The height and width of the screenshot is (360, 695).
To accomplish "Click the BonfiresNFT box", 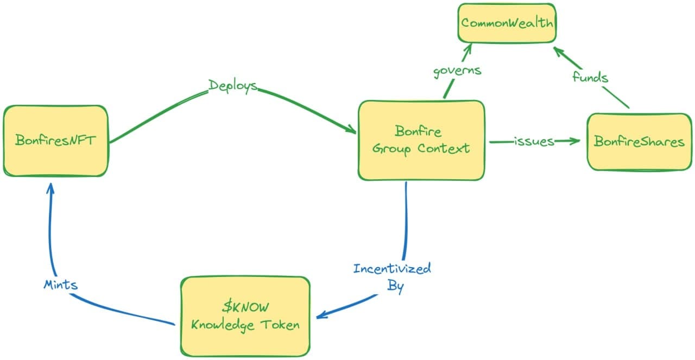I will point(55,141).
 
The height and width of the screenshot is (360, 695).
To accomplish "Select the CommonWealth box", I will point(506,23).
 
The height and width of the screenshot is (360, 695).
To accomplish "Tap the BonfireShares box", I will point(639,142).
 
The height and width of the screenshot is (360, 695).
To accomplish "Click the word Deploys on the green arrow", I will point(233,86).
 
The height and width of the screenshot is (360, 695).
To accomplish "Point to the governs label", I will point(457,72).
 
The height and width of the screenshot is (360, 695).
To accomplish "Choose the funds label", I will point(590,77).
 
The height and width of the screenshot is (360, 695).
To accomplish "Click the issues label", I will point(534,142).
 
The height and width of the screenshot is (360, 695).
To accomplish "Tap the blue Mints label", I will point(60,285).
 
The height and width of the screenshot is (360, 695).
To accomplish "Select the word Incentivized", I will point(392,268).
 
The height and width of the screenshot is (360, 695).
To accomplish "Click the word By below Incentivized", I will point(395,286).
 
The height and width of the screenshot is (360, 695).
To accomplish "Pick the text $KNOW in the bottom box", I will point(245,307).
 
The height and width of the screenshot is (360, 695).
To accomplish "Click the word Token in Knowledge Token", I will point(280,325).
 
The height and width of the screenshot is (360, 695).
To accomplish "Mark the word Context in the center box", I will point(444,148).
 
